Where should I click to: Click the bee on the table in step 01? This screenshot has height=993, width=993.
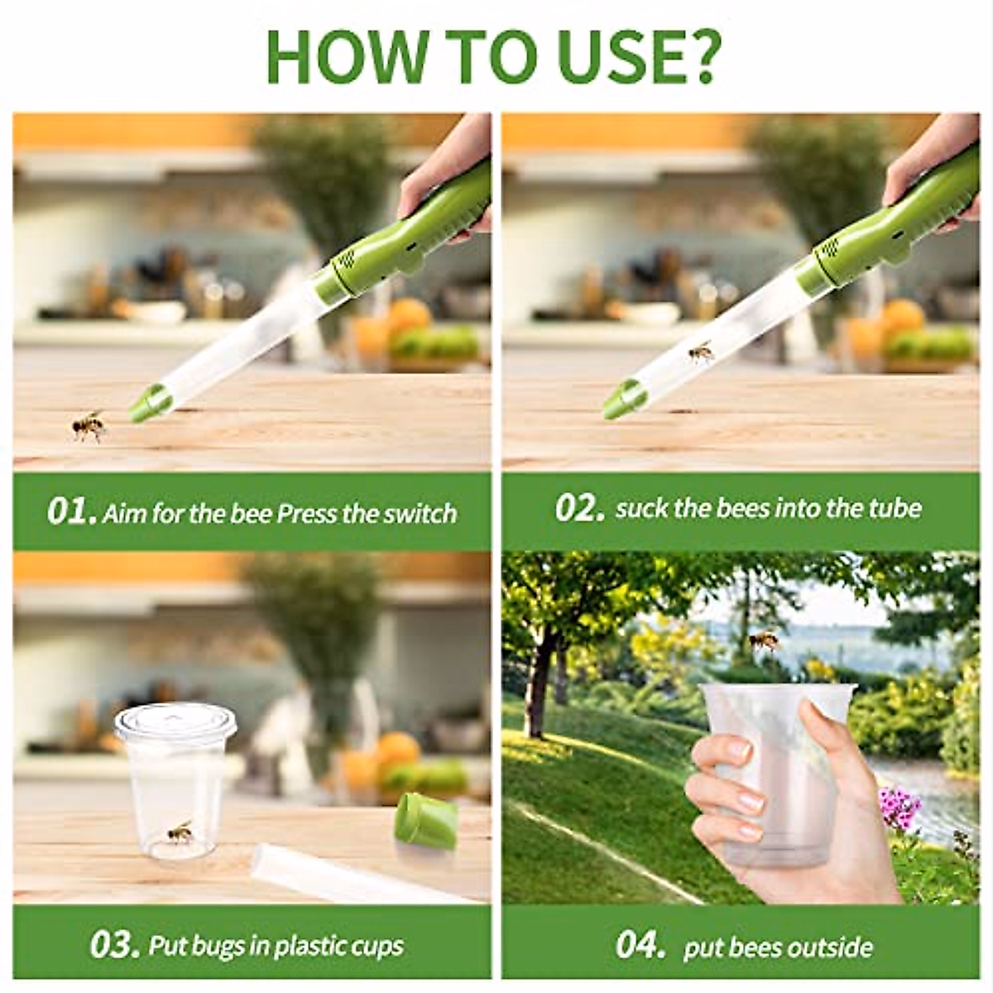tap(89, 425)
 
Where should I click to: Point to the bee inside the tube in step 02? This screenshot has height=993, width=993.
tap(700, 353)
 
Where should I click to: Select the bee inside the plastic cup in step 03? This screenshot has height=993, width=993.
tap(180, 832)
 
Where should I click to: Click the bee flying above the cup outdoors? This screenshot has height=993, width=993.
tap(763, 640)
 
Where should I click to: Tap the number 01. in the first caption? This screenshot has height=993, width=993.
tap(71, 511)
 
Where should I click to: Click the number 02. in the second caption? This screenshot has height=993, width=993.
tap(579, 508)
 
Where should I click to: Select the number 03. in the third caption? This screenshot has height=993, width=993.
tap(114, 945)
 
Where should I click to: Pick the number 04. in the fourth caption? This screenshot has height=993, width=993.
tap(640, 945)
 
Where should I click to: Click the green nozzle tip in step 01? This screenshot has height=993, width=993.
tap(150, 403)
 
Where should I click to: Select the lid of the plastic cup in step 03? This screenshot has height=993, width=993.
tap(175, 722)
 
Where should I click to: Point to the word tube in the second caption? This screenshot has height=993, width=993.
tap(895, 508)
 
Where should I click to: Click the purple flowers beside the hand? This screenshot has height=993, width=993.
tap(899, 804)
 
